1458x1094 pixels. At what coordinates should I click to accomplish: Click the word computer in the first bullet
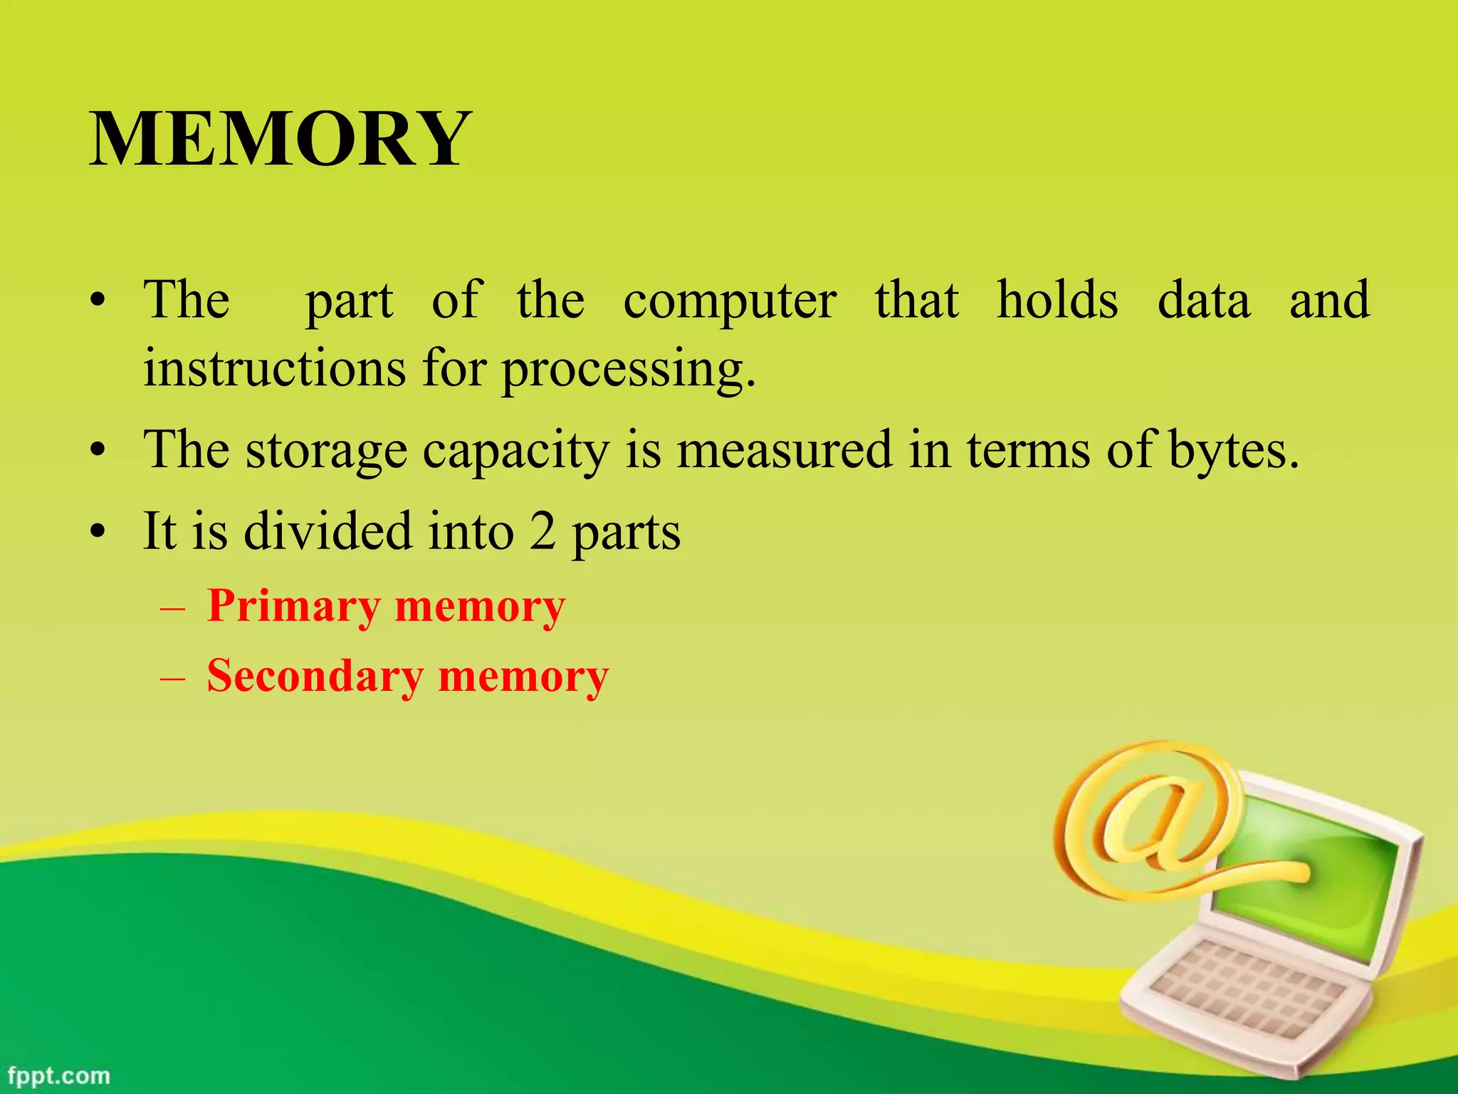pos(730,301)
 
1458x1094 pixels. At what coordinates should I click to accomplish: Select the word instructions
pos(275,369)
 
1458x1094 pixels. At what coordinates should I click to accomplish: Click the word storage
pos(326,451)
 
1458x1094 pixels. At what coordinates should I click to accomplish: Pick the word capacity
pos(515,451)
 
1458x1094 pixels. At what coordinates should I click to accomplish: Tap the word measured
pos(784,449)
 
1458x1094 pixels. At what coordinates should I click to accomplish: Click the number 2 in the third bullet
pos(542,531)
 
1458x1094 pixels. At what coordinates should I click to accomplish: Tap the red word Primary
pos(293,607)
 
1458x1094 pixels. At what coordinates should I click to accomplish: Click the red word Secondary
pos(315,676)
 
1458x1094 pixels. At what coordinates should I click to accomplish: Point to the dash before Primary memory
pos(173,610)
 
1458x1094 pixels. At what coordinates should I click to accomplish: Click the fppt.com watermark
pos(60,1075)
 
